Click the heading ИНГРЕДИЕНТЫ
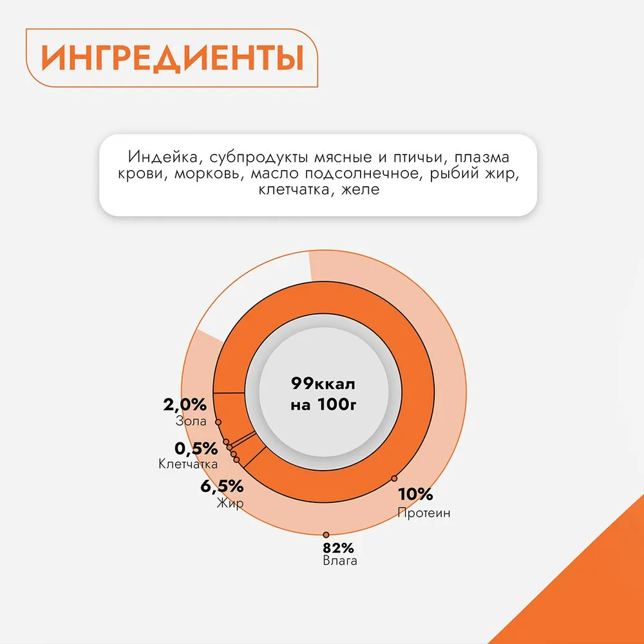click(172, 59)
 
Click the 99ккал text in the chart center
click(323, 384)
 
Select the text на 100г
click(323, 406)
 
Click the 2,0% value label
click(184, 405)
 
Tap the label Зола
click(191, 422)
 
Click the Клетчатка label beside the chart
click(187, 464)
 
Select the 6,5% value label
click(222, 486)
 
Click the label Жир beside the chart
click(230, 504)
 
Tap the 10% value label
click(415, 495)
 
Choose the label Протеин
click(423, 513)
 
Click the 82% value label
click(339, 549)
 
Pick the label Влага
click(339, 561)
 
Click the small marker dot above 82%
click(326, 535)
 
